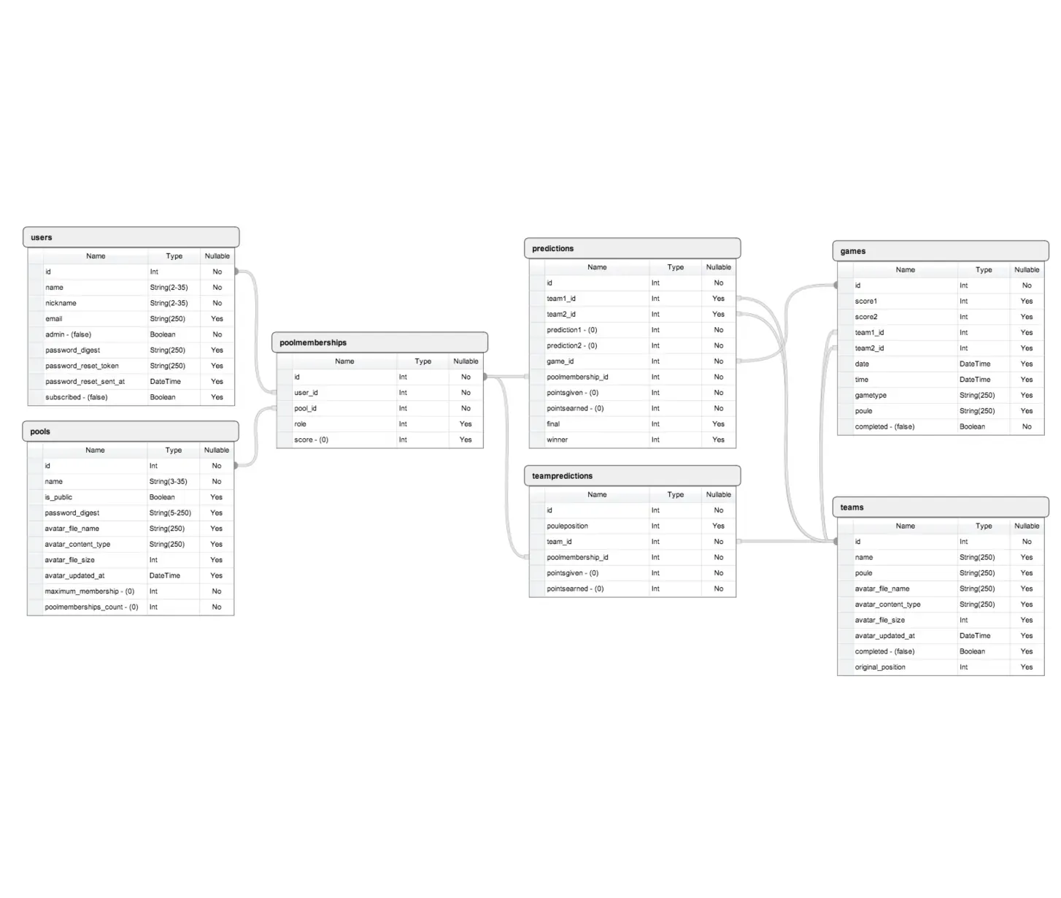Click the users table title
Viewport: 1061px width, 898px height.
coord(41,237)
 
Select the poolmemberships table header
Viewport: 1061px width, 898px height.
coord(379,342)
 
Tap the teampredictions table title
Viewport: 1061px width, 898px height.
coord(562,476)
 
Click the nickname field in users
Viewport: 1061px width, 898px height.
coord(61,303)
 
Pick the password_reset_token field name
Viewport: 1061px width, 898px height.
coord(82,366)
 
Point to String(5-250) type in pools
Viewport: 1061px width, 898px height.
coord(170,513)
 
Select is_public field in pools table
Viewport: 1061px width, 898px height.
coord(58,497)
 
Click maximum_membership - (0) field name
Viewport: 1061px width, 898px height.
coord(89,591)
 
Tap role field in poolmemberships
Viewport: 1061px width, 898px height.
coord(301,423)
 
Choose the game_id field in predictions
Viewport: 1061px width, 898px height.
coord(560,361)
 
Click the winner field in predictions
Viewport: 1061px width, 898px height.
coord(557,440)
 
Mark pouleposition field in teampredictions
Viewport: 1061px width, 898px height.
coord(567,526)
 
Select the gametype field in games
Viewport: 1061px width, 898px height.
coord(871,395)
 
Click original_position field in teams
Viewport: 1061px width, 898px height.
coord(880,667)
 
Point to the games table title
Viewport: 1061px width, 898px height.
coord(852,251)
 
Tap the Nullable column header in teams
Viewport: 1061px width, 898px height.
coord(1027,526)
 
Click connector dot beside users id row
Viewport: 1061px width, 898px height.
coord(236,271)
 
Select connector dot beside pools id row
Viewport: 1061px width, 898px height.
coord(236,465)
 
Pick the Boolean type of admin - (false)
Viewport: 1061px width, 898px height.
coord(163,334)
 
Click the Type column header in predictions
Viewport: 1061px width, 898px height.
coord(676,267)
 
